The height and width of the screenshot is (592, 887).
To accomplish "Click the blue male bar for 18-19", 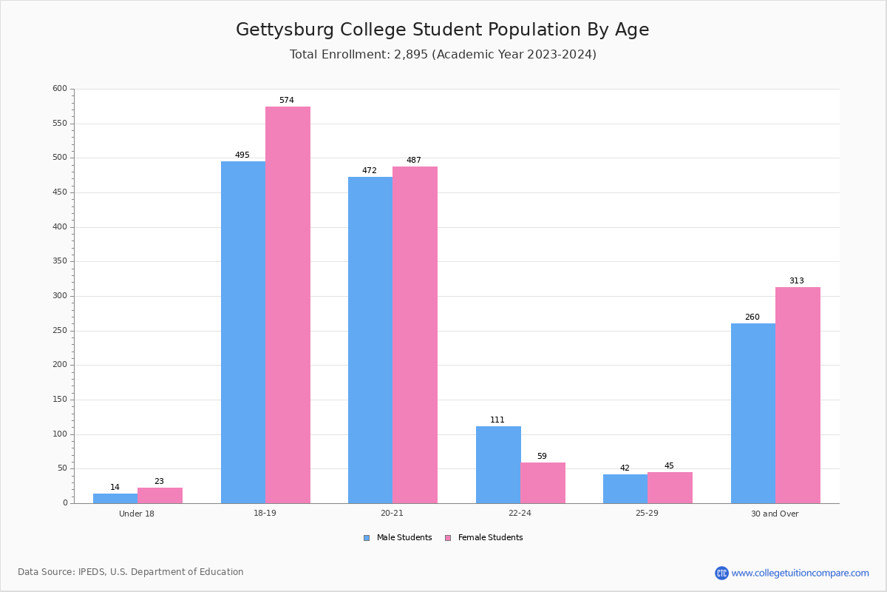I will (x=243, y=332).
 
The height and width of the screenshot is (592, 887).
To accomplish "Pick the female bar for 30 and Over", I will (x=798, y=395).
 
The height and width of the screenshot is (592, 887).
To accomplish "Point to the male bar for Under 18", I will (x=115, y=498).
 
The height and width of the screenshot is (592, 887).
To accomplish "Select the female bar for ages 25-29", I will (x=670, y=488).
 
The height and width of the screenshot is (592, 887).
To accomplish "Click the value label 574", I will (x=287, y=100).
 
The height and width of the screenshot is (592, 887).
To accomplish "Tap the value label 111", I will (x=497, y=420).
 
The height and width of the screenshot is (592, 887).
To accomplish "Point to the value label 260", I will (x=752, y=317).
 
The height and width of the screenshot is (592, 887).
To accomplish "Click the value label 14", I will (x=115, y=487).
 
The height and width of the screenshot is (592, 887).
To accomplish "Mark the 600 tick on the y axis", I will (x=59, y=89).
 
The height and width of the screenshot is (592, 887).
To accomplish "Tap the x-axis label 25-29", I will (x=647, y=514).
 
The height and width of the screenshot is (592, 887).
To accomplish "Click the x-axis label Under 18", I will (x=137, y=514).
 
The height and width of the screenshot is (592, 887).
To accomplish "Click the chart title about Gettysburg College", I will (x=442, y=30).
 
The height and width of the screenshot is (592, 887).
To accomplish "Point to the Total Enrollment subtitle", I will (x=443, y=55).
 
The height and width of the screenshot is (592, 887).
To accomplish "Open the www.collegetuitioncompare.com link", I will (x=800, y=573).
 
